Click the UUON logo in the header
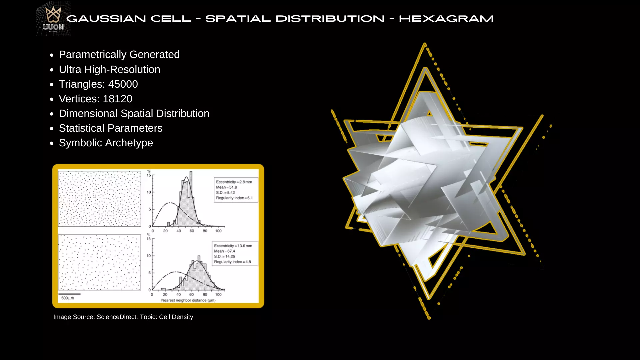pyautogui.click(x=53, y=19)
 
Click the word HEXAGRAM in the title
pyautogui.click(x=446, y=19)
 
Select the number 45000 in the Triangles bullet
pyautogui.click(x=123, y=84)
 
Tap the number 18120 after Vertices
pyautogui.click(x=117, y=99)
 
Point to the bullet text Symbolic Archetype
pyautogui.click(x=106, y=143)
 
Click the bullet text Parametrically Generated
pyautogui.click(x=119, y=54)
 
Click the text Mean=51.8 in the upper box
pyautogui.click(x=226, y=187)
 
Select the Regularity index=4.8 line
pyautogui.click(x=232, y=262)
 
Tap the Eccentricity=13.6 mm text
pyautogui.click(x=233, y=246)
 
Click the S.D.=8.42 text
pyautogui.click(x=225, y=193)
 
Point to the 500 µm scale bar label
pyautogui.click(x=68, y=298)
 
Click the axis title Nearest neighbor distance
pyautogui.click(x=188, y=300)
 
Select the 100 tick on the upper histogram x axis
pyautogui.click(x=218, y=231)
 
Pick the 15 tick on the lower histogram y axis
pyautogui.click(x=149, y=239)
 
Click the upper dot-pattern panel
pyautogui.click(x=99, y=199)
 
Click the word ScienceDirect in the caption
pyautogui.click(x=117, y=317)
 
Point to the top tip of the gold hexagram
pyautogui.click(x=425, y=44)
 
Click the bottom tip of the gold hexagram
pyautogui.click(x=429, y=318)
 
